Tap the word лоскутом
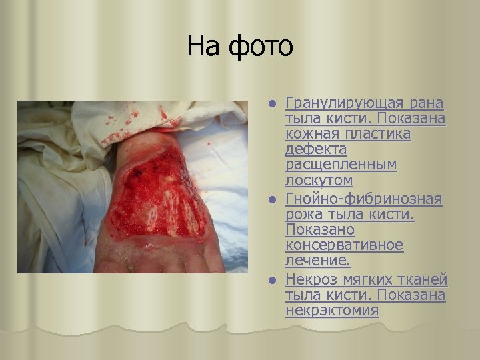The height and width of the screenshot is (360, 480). tap(319, 180)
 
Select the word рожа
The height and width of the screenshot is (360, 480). tap(303, 215)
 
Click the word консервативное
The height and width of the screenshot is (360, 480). tap(345, 245)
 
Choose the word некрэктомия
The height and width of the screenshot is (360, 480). tap(332, 310)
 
